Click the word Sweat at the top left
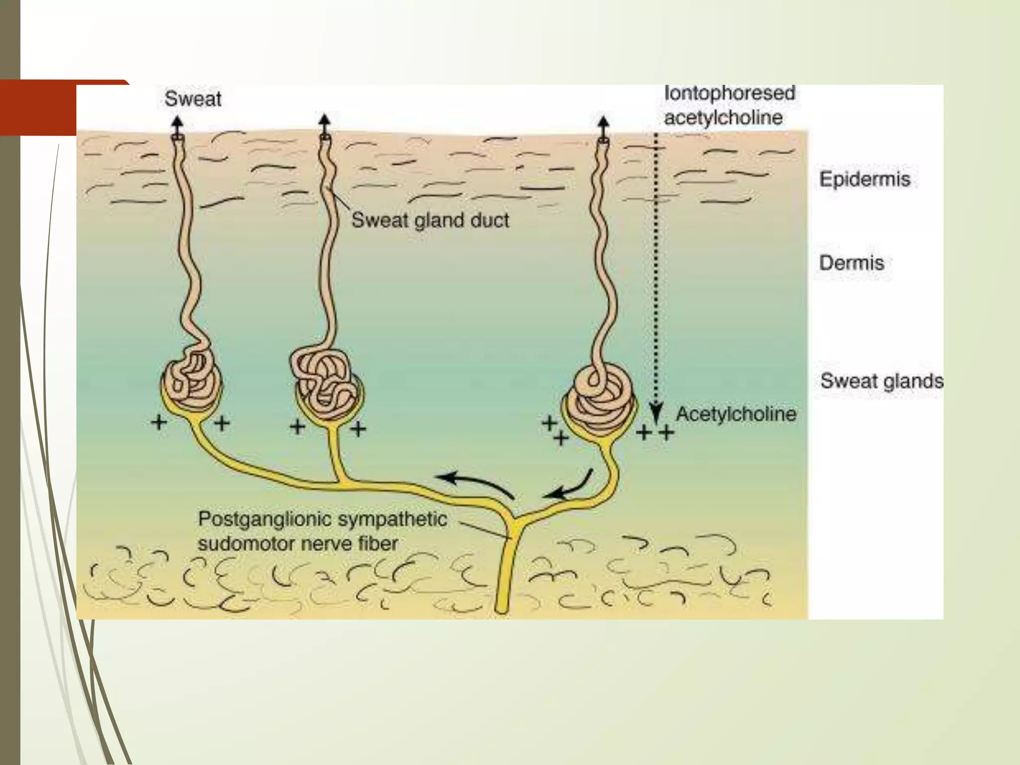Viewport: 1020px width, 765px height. tap(193, 99)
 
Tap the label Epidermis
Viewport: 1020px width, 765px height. tap(865, 179)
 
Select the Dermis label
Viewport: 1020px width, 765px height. tap(852, 263)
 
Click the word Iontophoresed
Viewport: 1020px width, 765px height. tap(729, 93)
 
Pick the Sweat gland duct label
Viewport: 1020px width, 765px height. tap(430, 220)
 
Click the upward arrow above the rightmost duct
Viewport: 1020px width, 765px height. tap(603, 125)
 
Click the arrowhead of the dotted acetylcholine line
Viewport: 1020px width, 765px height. tap(656, 415)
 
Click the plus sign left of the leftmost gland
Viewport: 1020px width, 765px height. tap(159, 423)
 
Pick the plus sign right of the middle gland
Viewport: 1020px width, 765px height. tap(358, 428)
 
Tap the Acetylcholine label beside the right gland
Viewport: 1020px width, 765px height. tap(736, 414)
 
